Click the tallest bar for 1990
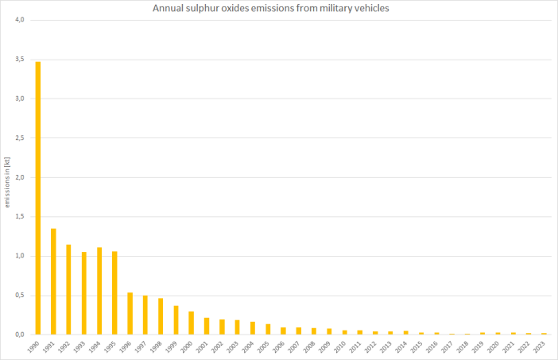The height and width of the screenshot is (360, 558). tap(38, 198)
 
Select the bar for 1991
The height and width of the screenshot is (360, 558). tap(53, 281)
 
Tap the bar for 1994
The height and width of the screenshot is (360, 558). tap(99, 291)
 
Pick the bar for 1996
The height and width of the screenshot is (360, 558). tap(130, 313)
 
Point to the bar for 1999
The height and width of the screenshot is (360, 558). tap(176, 320)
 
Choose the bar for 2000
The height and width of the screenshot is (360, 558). tap(192, 323)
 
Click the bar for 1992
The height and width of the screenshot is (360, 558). tap(69, 289)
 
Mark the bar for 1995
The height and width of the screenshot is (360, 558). tap(115, 292)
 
